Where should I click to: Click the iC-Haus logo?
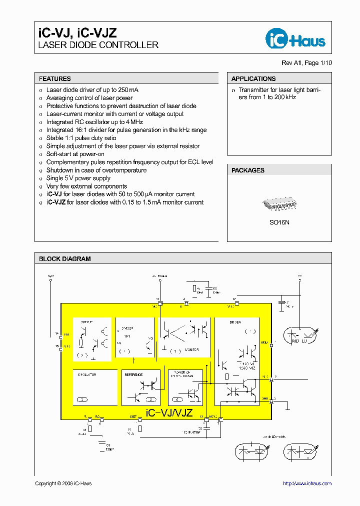point(295,40)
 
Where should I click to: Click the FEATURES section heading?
point(55,78)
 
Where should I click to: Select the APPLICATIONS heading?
point(253,78)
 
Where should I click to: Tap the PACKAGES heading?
point(248,170)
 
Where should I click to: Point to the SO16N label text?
point(279,222)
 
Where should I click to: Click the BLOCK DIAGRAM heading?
point(65,259)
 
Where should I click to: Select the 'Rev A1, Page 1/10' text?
point(306,63)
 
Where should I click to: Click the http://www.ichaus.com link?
point(307,483)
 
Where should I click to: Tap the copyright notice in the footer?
point(63,483)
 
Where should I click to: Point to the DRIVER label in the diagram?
point(235,322)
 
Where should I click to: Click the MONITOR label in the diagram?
point(192,350)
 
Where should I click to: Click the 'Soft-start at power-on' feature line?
point(75,154)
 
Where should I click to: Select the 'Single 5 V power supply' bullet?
point(78,178)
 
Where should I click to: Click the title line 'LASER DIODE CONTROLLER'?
point(98,45)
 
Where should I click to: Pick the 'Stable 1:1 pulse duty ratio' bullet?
point(81,138)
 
